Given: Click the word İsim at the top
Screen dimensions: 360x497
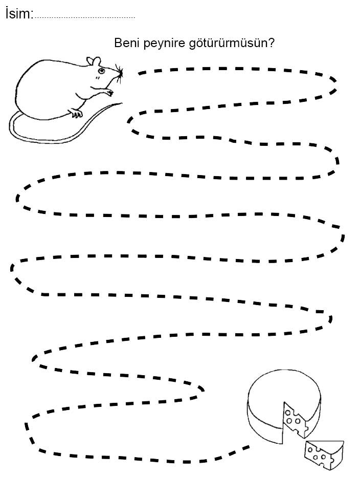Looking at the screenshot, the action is tap(18, 14).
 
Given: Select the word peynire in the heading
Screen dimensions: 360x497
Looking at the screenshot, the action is tap(164, 44).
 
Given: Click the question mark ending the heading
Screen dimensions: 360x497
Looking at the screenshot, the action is tap(271, 43).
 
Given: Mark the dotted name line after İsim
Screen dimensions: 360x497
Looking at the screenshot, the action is tap(84, 18).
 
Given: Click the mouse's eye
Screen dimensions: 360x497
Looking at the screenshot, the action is tap(101, 70).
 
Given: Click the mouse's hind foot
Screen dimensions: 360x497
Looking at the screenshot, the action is tap(76, 113).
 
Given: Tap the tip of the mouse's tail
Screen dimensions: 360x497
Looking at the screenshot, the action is tap(122, 103).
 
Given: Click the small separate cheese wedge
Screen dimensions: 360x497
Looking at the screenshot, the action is tap(324, 455).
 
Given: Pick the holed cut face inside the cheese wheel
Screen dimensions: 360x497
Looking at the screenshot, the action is tap(295, 421).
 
